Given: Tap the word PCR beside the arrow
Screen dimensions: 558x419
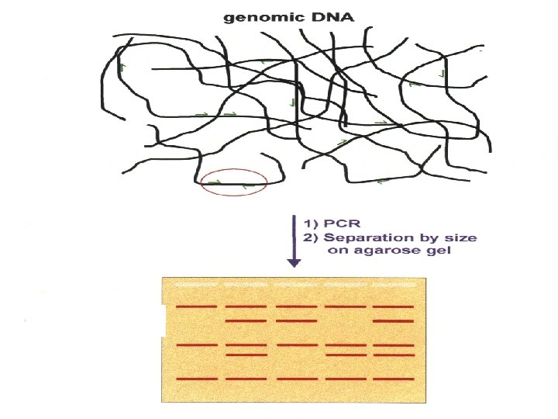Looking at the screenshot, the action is (342, 223).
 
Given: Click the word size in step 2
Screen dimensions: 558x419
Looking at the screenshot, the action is (461, 237).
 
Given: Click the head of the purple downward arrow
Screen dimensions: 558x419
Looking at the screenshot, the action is (294, 263).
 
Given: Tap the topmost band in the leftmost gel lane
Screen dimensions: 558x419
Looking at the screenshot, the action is (196, 306).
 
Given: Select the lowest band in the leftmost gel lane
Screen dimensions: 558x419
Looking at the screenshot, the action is (197, 379).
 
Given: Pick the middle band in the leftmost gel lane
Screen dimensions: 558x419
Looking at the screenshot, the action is (197, 345).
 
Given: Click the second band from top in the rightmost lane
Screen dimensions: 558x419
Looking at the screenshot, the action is (394, 321).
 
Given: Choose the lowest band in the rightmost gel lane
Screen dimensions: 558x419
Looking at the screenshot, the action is (394, 379).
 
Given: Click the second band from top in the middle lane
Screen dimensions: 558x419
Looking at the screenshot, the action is (296, 321).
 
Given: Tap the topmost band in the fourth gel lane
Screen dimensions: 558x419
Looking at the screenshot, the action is (346, 306).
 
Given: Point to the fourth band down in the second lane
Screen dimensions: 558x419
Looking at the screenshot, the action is (246, 355).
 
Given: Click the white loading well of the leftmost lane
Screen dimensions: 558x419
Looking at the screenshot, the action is (196, 285).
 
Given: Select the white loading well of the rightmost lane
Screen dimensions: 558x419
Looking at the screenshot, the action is (394, 285).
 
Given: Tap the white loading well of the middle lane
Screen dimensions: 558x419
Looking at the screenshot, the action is (296, 285).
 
